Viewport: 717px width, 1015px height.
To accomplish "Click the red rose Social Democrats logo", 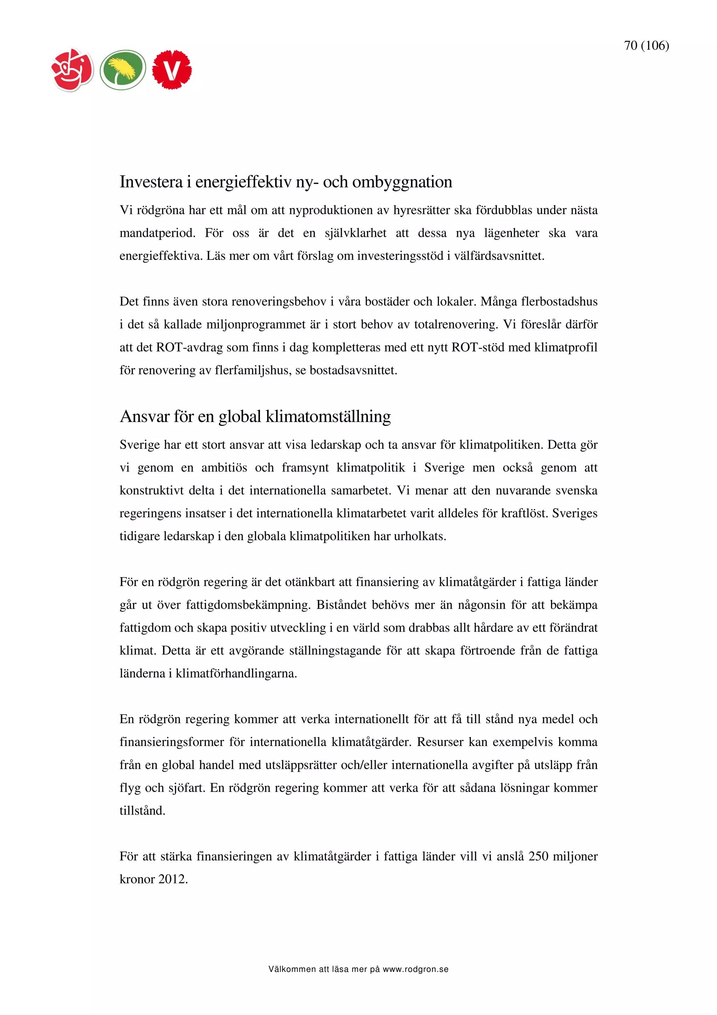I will point(72,70).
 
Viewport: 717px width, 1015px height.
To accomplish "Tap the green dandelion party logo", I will point(123,70).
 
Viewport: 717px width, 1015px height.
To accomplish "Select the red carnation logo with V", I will point(172,70).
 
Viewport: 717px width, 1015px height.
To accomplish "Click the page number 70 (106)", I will point(646,46).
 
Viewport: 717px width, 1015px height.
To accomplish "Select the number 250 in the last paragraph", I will point(538,856).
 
